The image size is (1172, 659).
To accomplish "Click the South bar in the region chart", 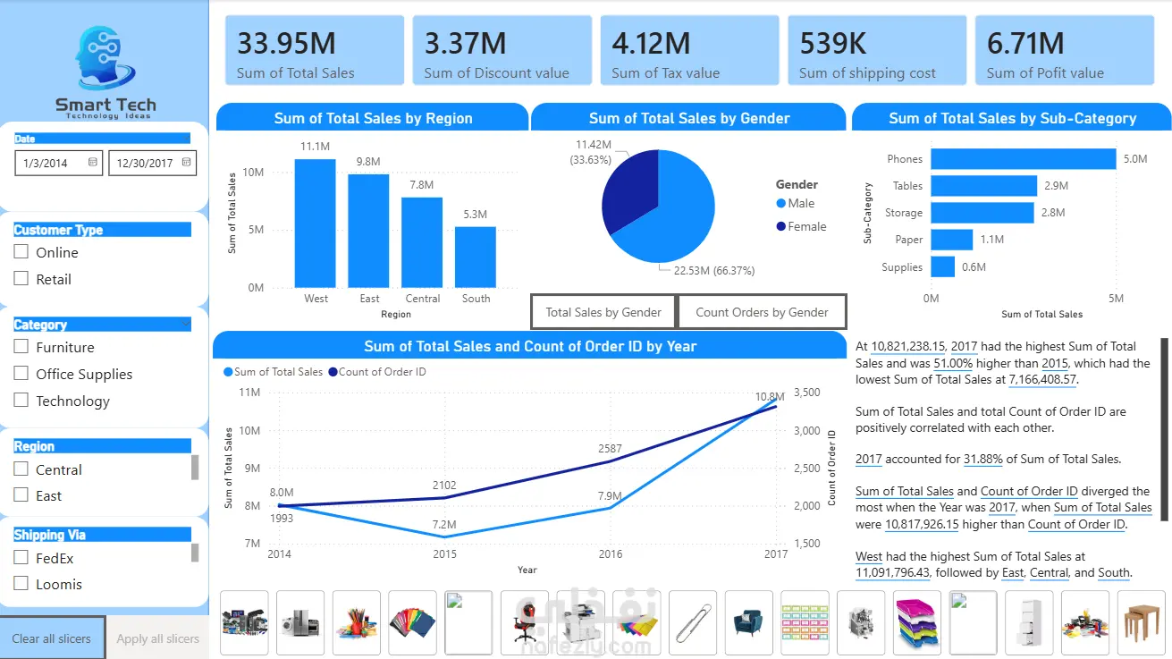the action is pos(475,257).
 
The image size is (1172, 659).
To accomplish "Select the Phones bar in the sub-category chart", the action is pos(1023,158).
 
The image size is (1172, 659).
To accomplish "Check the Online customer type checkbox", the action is pos(21,252).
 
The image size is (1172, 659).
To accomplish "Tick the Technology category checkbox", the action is pos(21,400).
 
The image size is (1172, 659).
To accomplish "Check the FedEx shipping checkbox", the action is pos(21,557).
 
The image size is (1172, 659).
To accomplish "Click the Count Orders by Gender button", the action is pos(762,312).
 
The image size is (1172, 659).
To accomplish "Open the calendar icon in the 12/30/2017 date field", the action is pos(186,162).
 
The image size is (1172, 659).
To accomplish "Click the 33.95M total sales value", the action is pos(286,44).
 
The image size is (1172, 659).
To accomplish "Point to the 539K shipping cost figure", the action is pos(832,44).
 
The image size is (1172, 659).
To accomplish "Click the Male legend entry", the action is pos(796,203).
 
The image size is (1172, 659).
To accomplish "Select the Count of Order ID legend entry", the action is pos(377,372).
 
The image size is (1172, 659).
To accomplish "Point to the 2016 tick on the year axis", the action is pos(610,553).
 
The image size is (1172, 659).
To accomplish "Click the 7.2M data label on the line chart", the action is pos(444,524).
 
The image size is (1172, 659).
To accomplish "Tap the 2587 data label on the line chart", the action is pos(610,449).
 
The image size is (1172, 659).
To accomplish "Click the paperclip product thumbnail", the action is pos(693,622).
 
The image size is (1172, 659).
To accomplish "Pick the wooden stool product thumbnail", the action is pos(1141,622).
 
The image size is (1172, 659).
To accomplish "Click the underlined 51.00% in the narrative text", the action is pos(953,363).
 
